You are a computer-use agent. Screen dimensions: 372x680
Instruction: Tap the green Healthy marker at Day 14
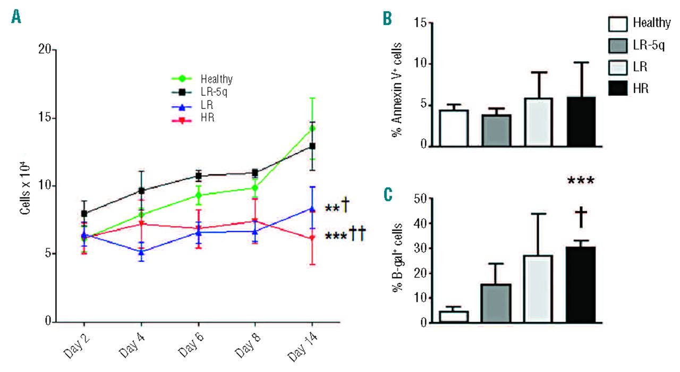tap(312, 128)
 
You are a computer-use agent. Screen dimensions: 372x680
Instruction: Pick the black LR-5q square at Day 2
tap(84, 214)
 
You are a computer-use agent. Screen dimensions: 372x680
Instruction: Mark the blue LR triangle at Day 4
tap(141, 251)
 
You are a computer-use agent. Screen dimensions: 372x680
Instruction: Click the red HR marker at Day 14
tap(312, 238)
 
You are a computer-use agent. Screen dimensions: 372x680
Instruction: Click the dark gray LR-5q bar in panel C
tap(496, 303)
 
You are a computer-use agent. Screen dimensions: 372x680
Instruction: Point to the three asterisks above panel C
tap(581, 181)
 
